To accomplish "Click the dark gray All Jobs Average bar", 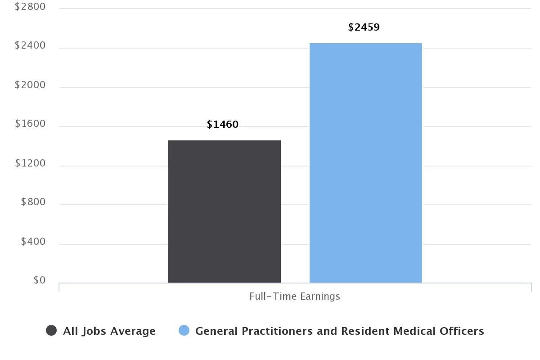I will [224, 211].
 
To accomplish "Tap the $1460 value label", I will [222, 125].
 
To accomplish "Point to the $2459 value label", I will [364, 27].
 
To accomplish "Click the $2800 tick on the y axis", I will [30, 7].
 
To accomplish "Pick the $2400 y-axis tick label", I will [30, 45].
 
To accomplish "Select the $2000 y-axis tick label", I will [30, 85].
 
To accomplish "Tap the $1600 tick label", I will [30, 124].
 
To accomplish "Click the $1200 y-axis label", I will [30, 163].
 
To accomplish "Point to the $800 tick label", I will [33, 202].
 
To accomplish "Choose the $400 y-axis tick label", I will [33, 242].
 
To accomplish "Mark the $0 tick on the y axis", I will [39, 280].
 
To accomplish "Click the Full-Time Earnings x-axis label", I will [295, 297].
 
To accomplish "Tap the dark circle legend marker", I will [51, 331].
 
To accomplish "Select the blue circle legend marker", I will [184, 331].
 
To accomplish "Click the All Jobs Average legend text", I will [109, 331].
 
